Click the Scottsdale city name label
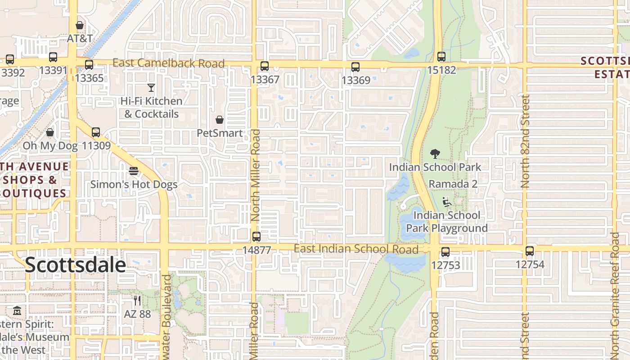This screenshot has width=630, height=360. pos(75,265)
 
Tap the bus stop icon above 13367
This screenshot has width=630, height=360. pos(265,66)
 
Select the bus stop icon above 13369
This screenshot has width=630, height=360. pos(355,67)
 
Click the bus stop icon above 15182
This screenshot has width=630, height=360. pos(441,57)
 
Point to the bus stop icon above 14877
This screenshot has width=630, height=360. pos(256,237)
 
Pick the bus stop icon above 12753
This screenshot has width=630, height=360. pos(445,252)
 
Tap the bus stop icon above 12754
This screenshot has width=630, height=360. pos(530,251)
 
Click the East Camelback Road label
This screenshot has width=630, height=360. pos(168,63)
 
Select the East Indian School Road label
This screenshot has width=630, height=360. pos(356,249)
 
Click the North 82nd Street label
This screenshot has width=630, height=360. pos(525,141)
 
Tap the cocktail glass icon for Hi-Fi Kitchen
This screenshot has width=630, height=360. pos(151,88)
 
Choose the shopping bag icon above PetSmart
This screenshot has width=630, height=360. pos(220,120)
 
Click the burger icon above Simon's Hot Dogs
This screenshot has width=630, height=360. pos(134,171)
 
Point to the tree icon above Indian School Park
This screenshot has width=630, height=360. pos(435,154)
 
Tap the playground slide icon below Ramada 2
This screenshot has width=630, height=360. pos(447,202)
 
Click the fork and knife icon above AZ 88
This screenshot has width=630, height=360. pos(137,301)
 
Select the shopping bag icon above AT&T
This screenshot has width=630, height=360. pos(80,25)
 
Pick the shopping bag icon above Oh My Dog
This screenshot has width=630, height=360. pos(50,133)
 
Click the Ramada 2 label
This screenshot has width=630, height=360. pos(453,184)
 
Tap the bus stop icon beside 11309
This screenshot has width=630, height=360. pos(96,133)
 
